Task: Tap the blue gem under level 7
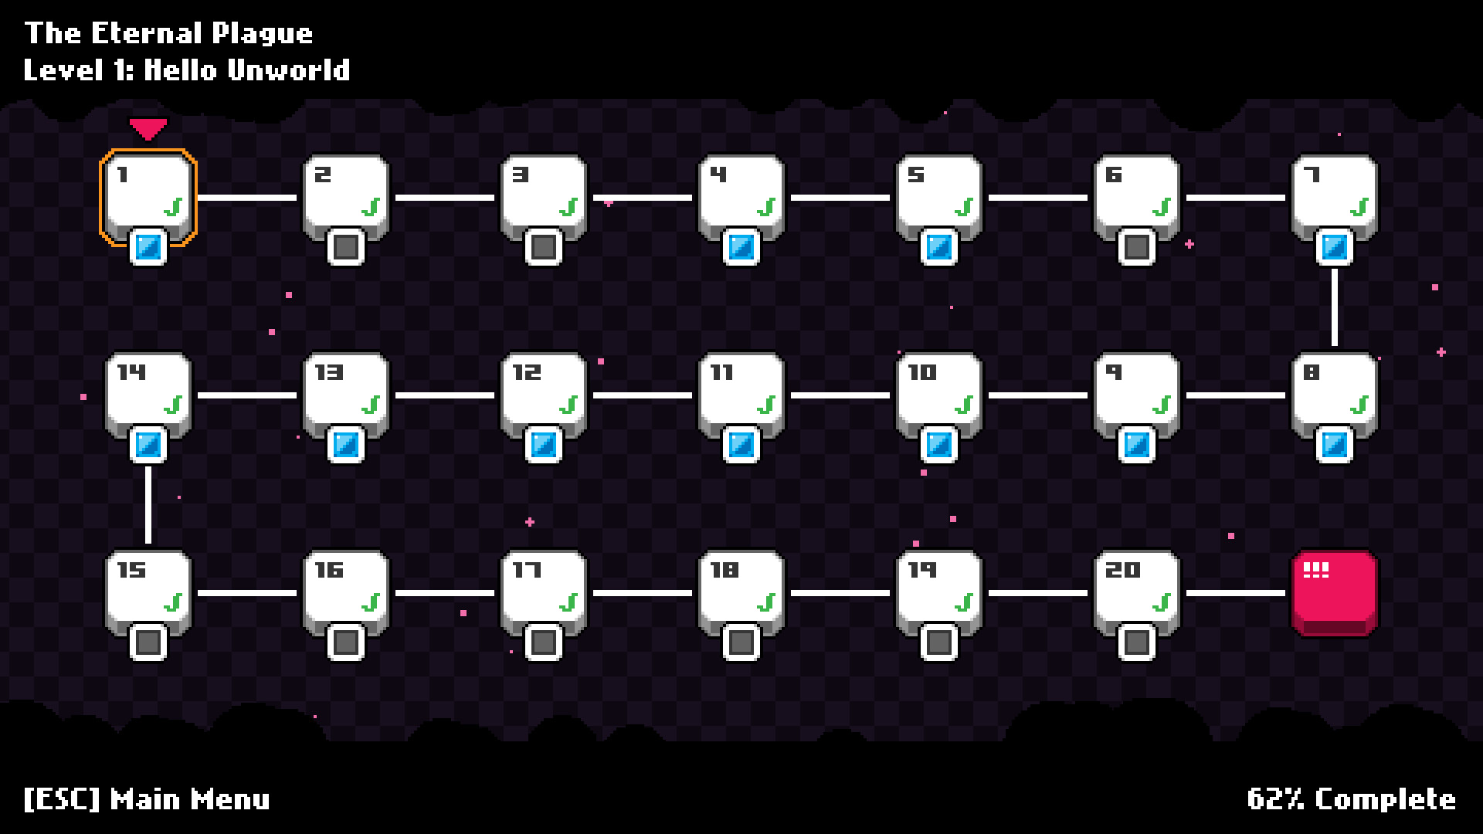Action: coord(1334,247)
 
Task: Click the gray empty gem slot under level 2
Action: coord(345,247)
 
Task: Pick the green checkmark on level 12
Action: coord(568,404)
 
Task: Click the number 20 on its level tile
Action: coord(1122,570)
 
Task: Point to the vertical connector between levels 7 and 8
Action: coord(1334,307)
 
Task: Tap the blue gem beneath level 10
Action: coord(938,445)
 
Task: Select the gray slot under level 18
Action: coord(741,642)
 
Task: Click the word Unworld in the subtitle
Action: coord(288,70)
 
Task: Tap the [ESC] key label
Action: coord(62,798)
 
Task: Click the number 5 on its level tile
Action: coord(915,175)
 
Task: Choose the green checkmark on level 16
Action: coord(371,602)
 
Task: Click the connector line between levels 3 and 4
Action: coord(643,198)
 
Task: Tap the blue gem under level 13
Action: coord(345,445)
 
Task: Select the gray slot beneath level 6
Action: coord(1136,247)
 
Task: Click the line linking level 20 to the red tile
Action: coord(1235,593)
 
